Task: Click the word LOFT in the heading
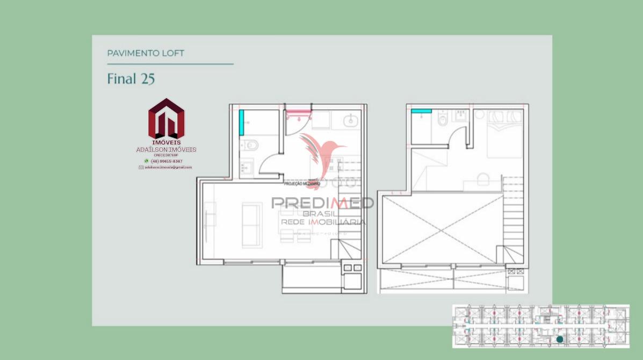click(173, 53)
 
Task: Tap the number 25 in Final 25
click(148, 78)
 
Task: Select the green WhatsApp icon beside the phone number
click(146, 161)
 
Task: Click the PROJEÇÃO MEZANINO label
click(302, 184)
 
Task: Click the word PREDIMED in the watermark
click(322, 203)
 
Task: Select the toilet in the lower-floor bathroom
click(250, 145)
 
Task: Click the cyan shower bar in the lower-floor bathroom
click(242, 122)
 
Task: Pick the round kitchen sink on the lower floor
click(351, 121)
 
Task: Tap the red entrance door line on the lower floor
click(299, 112)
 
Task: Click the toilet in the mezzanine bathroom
click(443, 119)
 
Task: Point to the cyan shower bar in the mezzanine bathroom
click(421, 111)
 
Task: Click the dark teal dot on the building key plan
click(560, 339)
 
